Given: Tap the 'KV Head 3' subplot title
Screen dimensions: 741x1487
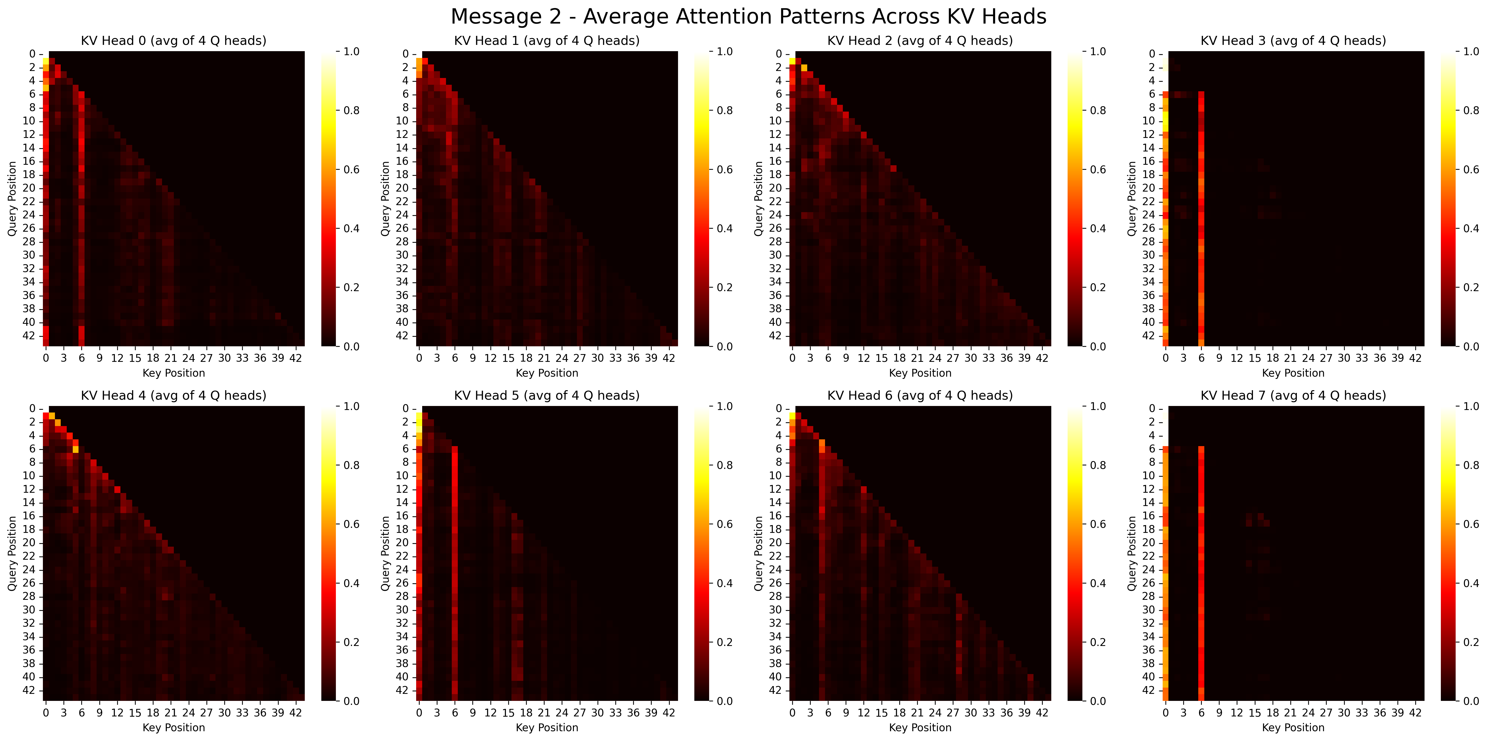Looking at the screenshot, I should [x=1293, y=40].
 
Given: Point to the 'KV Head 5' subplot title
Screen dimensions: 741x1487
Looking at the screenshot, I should [x=547, y=395].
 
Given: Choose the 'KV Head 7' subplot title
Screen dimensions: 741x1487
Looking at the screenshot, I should [x=1293, y=395].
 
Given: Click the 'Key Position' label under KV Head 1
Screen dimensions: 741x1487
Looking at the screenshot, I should [x=547, y=373].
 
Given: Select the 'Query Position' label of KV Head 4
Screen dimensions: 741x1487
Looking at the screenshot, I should [x=12, y=553].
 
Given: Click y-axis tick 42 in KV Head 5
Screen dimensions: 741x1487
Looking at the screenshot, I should [x=402, y=690].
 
